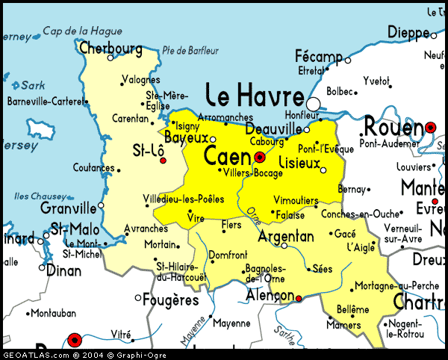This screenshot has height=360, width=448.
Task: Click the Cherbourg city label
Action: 110,48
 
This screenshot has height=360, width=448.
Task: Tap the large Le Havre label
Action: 255,96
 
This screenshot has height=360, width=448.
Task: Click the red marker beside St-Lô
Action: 164,160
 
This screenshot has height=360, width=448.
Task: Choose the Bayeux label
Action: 186,137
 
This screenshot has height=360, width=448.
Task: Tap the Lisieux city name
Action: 299,162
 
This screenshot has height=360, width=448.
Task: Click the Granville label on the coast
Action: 69,208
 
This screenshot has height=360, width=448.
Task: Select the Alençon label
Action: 270,297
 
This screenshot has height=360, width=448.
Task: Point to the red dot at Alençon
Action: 299,299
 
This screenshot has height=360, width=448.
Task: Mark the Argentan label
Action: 285,237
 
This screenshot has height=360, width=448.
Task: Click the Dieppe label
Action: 408,31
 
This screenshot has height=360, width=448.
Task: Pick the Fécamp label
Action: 318,57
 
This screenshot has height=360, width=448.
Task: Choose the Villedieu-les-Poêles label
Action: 183,199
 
